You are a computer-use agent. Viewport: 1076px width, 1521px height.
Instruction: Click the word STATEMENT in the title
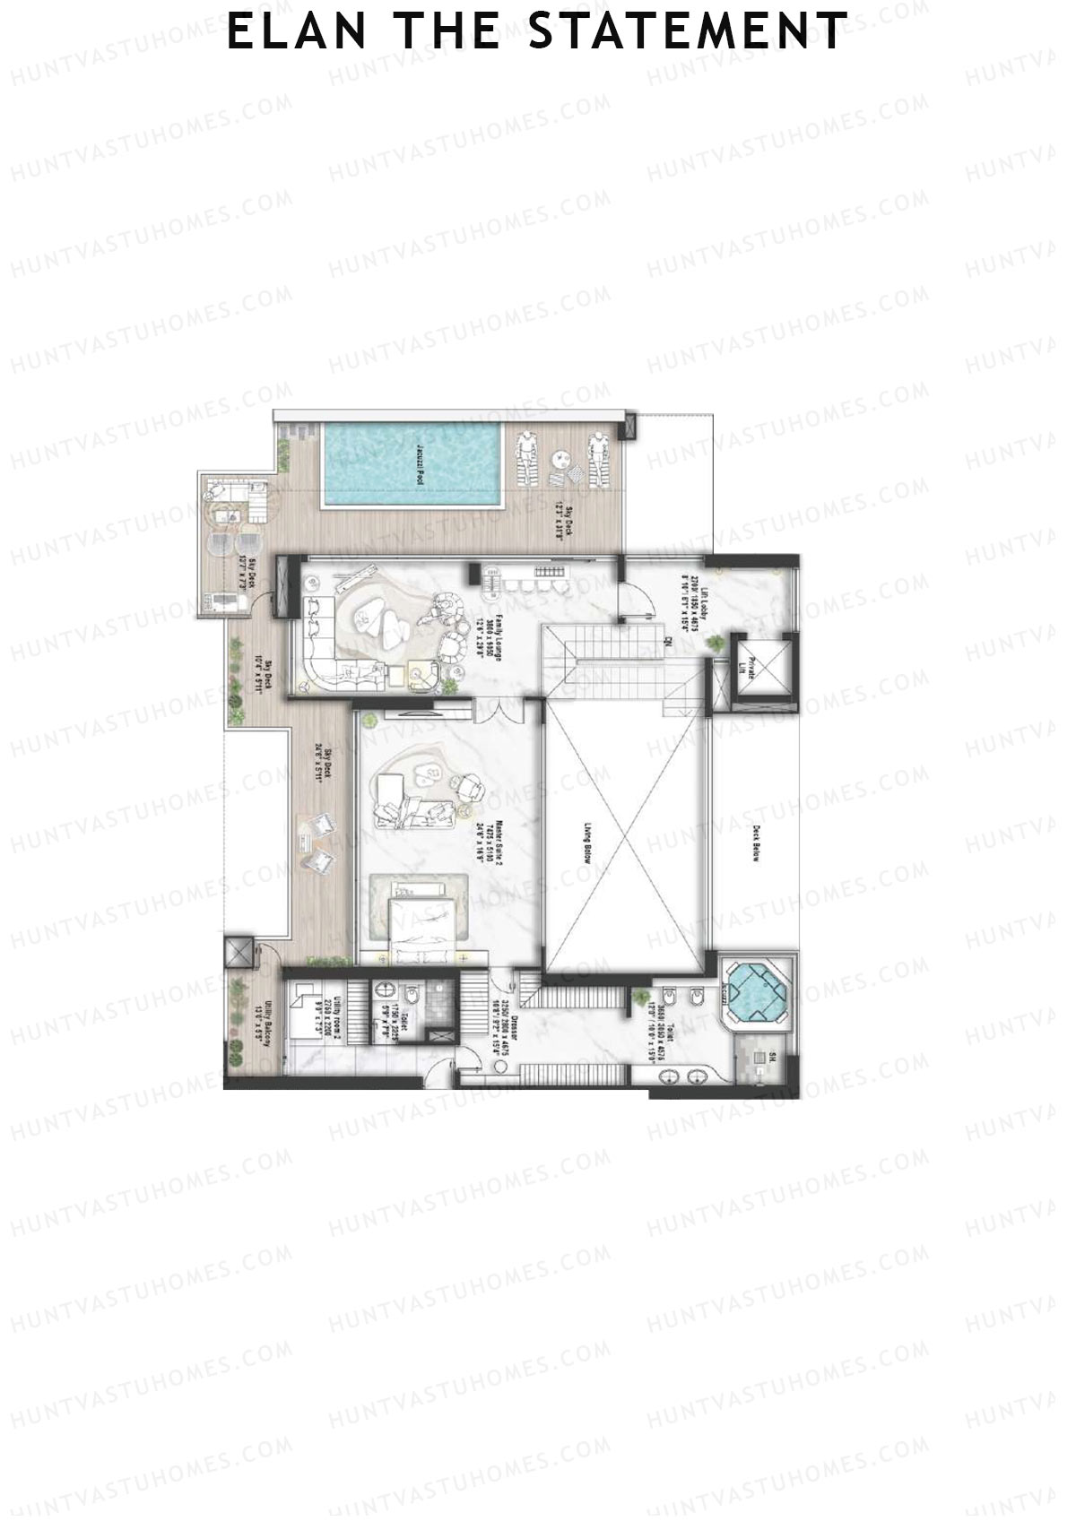point(688,31)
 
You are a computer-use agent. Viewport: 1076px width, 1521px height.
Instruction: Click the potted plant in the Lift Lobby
point(716,643)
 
